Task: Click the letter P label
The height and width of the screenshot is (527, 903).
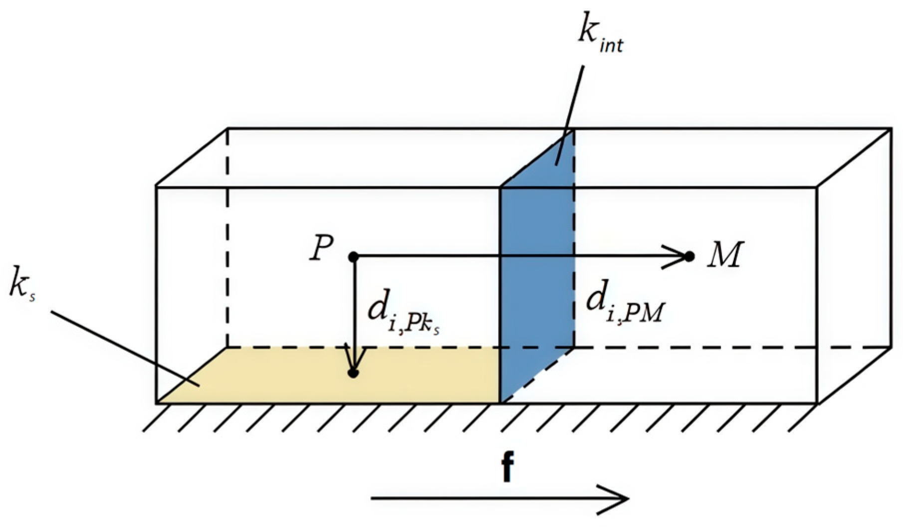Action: tap(322, 249)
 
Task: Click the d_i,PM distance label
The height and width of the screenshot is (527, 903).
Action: tap(625, 305)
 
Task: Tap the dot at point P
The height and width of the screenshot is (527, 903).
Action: tap(353, 257)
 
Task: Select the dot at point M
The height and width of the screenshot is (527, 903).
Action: tap(689, 257)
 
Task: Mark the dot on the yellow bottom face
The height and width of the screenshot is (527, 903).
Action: tap(353, 372)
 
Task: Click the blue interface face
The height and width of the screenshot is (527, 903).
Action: tap(536, 279)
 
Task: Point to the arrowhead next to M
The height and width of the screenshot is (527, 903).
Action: tap(676, 257)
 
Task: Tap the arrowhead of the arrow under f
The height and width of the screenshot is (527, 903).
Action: tap(616, 498)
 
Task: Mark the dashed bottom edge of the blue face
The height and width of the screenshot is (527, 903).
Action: tap(537, 375)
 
